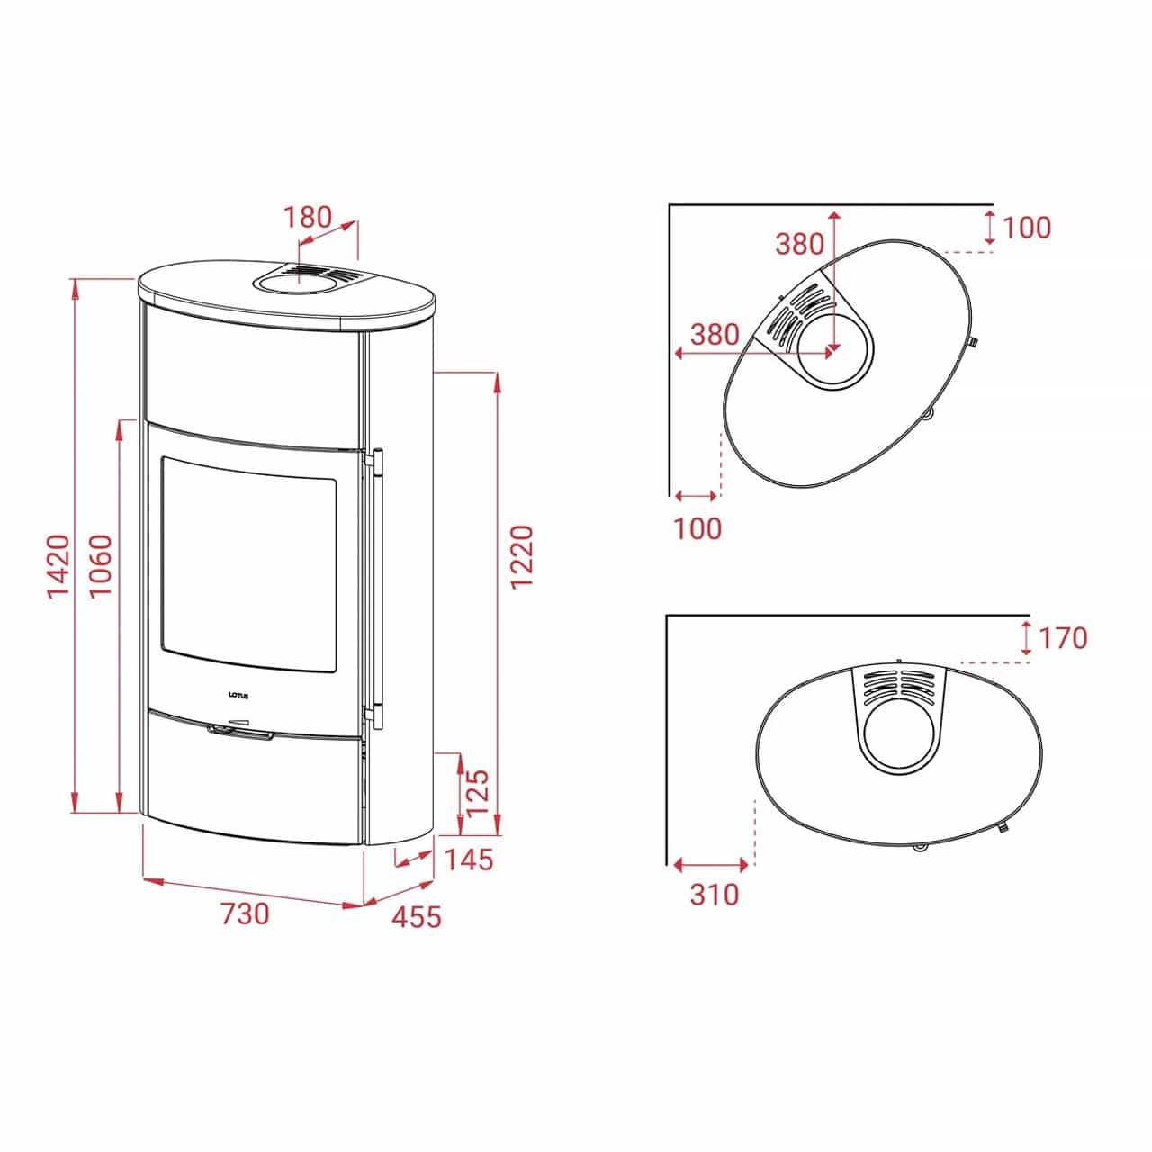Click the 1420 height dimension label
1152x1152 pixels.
tap(59, 566)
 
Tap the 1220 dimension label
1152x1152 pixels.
tap(521, 557)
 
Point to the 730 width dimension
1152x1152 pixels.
tap(246, 914)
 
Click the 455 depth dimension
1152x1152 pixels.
tap(417, 916)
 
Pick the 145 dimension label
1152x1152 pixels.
tap(469, 859)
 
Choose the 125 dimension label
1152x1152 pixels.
tap(478, 794)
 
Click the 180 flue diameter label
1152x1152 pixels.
tap(307, 218)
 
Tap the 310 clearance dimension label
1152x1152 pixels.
tap(715, 911)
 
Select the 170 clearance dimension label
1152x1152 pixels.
tap(1063, 638)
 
